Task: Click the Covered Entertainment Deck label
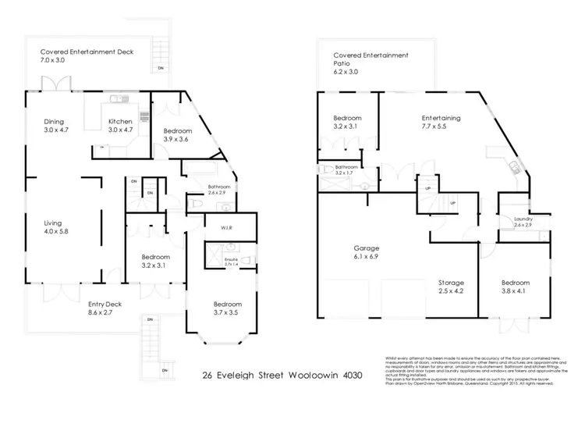pyautogui.click(x=87, y=52)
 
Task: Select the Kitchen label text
pyautogui.click(x=119, y=121)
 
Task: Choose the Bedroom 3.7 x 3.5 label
pyautogui.click(x=228, y=304)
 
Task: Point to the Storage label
pyautogui.click(x=451, y=282)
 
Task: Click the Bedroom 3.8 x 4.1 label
pyautogui.click(x=516, y=282)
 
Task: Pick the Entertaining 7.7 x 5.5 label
pyautogui.click(x=441, y=118)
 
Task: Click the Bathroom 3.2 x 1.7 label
pyautogui.click(x=346, y=168)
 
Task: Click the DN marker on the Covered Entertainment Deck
pyautogui.click(x=161, y=69)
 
